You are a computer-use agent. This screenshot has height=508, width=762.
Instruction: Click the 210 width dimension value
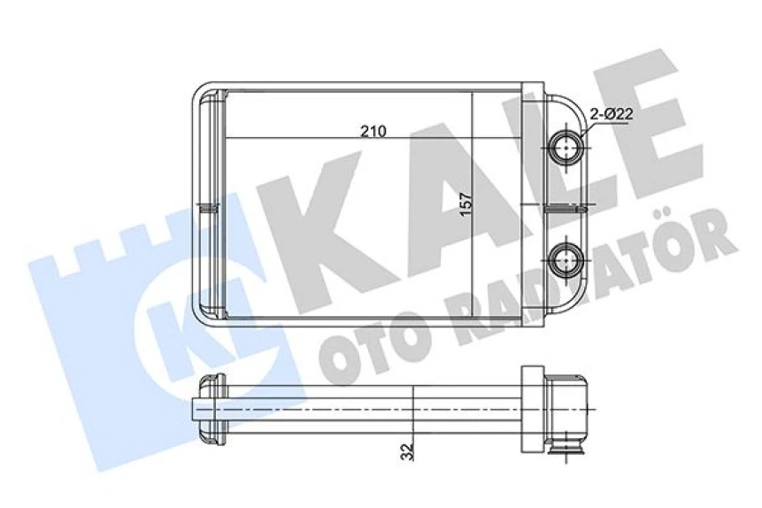coord(373,131)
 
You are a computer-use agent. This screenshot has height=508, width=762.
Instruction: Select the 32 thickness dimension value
coord(406,452)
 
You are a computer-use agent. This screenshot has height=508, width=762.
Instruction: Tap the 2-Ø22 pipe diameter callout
coord(610,112)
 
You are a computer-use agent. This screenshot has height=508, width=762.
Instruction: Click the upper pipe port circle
coord(564,146)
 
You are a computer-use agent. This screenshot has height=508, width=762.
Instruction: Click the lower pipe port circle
coord(564,259)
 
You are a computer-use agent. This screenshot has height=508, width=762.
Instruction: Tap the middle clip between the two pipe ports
coord(564,207)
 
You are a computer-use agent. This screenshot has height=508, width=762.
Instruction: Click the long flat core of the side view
coord(372,410)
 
